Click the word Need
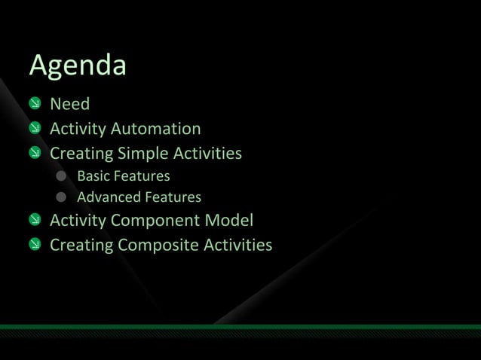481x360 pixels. pos(69,104)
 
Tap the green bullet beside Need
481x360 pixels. pos(35,104)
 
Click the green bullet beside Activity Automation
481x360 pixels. pos(35,129)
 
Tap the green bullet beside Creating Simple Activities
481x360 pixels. pos(35,154)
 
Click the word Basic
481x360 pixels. pos(93,176)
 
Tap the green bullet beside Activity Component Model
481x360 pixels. pos(35,221)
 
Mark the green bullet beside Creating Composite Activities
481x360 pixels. pos(35,246)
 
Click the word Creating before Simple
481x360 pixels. pos(81,154)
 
